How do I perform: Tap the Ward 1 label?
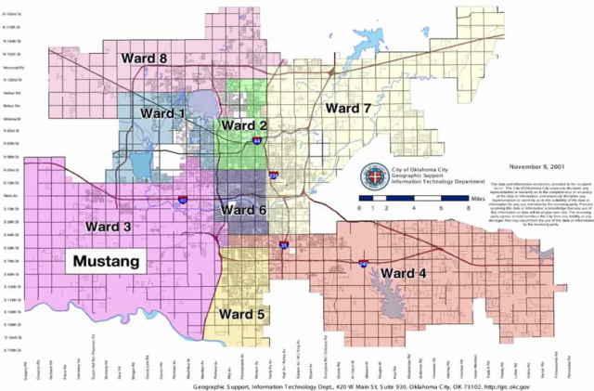point(162,113)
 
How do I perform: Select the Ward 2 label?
point(243,124)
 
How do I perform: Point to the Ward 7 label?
point(347,109)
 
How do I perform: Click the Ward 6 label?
point(242,211)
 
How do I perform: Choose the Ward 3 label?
point(109,227)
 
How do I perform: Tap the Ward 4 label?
point(405,273)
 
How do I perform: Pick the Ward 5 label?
point(241,314)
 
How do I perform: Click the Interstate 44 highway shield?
point(256,141)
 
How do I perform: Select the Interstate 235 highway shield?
point(273,175)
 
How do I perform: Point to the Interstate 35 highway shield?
point(283,245)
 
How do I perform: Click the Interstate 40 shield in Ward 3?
point(182,200)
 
